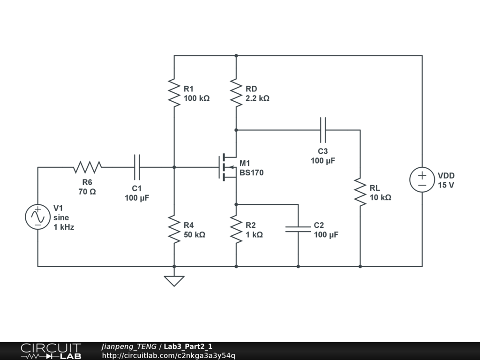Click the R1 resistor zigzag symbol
[x=174, y=93]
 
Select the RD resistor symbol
[x=236, y=93]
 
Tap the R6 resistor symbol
[x=88, y=167]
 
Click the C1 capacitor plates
[x=137, y=167]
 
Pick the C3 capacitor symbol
[x=323, y=130]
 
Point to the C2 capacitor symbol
[x=298, y=229]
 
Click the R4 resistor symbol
[x=174, y=229]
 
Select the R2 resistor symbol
[x=236, y=229]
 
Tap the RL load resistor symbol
[x=360, y=192]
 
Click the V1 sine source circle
[x=37, y=217]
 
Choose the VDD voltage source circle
[x=422, y=180]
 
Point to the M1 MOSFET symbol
[x=228, y=167]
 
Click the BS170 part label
[x=251, y=172]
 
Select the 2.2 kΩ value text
[x=257, y=98]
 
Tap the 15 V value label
[x=446, y=185]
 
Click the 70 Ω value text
[x=87, y=192]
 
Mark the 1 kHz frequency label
[x=64, y=227]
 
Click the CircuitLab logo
[x=51, y=351]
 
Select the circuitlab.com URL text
[x=169, y=355]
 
